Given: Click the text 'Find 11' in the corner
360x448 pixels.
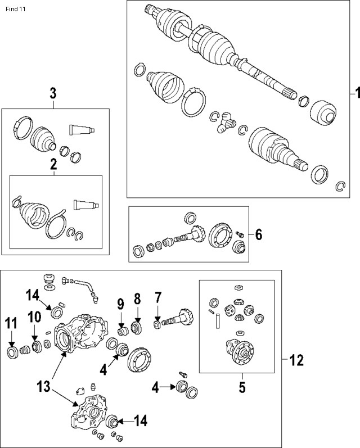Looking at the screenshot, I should point(15,10).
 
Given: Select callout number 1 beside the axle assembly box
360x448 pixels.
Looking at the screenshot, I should point(355,92).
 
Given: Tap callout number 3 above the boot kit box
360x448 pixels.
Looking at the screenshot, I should point(53,93).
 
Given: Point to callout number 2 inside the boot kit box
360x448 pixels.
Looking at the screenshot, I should point(53,165).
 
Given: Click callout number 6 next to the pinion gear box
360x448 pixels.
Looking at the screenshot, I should point(258,234).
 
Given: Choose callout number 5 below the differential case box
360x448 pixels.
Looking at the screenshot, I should point(242,388).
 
